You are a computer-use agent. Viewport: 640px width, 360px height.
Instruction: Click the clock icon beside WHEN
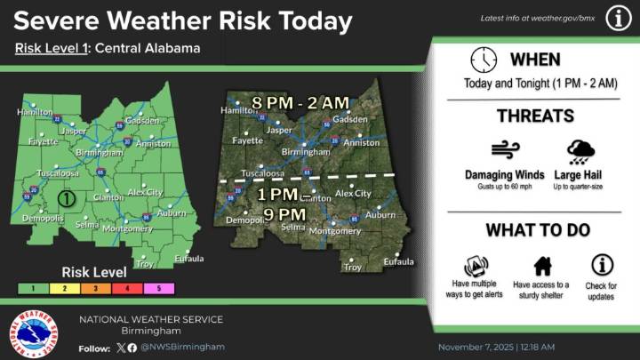pos(484,60)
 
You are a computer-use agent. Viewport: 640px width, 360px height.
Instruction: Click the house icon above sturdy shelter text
pos(541,265)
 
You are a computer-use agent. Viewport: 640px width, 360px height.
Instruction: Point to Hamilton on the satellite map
pos(237,111)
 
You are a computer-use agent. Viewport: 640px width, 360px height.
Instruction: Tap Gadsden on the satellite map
pos(350,119)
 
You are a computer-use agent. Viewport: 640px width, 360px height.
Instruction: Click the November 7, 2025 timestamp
pos(497,347)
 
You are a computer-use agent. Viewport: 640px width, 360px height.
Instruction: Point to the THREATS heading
pos(534,116)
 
